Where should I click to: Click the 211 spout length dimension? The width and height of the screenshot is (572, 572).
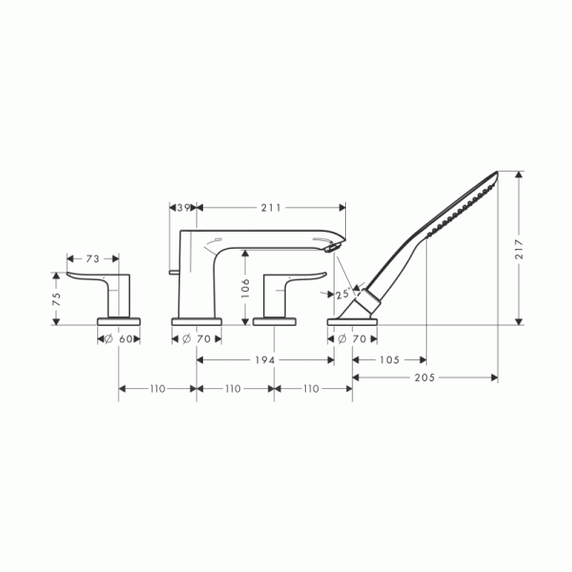[271, 208]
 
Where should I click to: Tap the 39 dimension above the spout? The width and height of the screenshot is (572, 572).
[183, 208]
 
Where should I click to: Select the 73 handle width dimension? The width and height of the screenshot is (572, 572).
[92, 259]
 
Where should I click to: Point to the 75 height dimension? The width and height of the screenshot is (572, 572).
[56, 299]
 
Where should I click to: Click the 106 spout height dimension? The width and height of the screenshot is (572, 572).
[246, 288]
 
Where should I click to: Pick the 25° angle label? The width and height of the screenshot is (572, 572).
[343, 294]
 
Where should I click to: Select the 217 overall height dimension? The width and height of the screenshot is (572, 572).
[519, 249]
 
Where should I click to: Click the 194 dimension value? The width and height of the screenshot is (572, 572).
[265, 360]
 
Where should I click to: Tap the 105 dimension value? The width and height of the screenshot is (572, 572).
[390, 360]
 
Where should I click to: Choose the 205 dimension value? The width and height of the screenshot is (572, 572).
[424, 378]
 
